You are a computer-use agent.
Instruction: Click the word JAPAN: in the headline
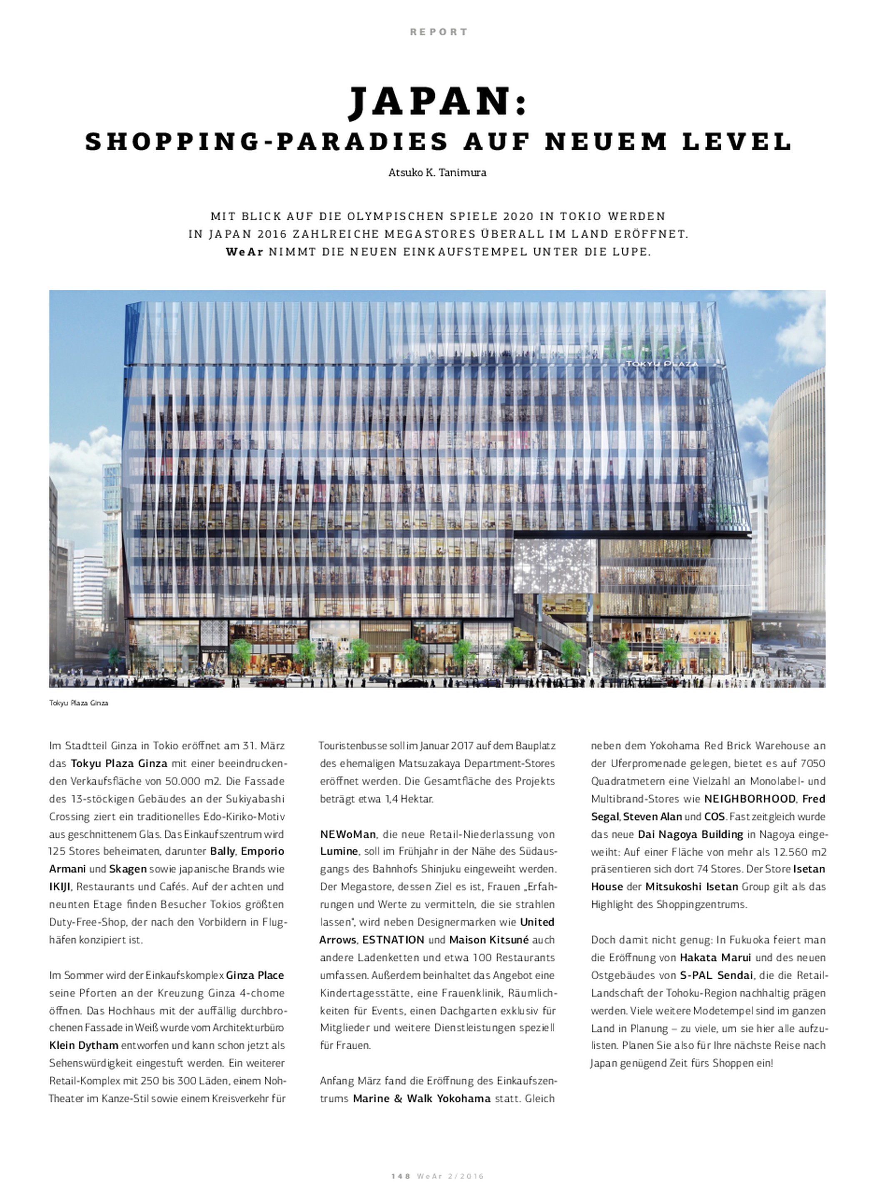point(437,102)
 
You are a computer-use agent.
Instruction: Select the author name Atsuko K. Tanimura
point(437,173)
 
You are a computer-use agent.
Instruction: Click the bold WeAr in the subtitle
point(244,252)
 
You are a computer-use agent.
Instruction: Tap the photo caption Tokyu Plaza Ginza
point(78,703)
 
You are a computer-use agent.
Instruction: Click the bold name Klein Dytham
point(84,1045)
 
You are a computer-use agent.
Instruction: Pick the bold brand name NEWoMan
point(347,834)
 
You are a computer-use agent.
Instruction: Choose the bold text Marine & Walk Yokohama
point(421,1098)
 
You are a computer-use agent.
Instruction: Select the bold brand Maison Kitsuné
point(489,940)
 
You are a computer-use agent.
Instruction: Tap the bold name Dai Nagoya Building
point(690,834)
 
